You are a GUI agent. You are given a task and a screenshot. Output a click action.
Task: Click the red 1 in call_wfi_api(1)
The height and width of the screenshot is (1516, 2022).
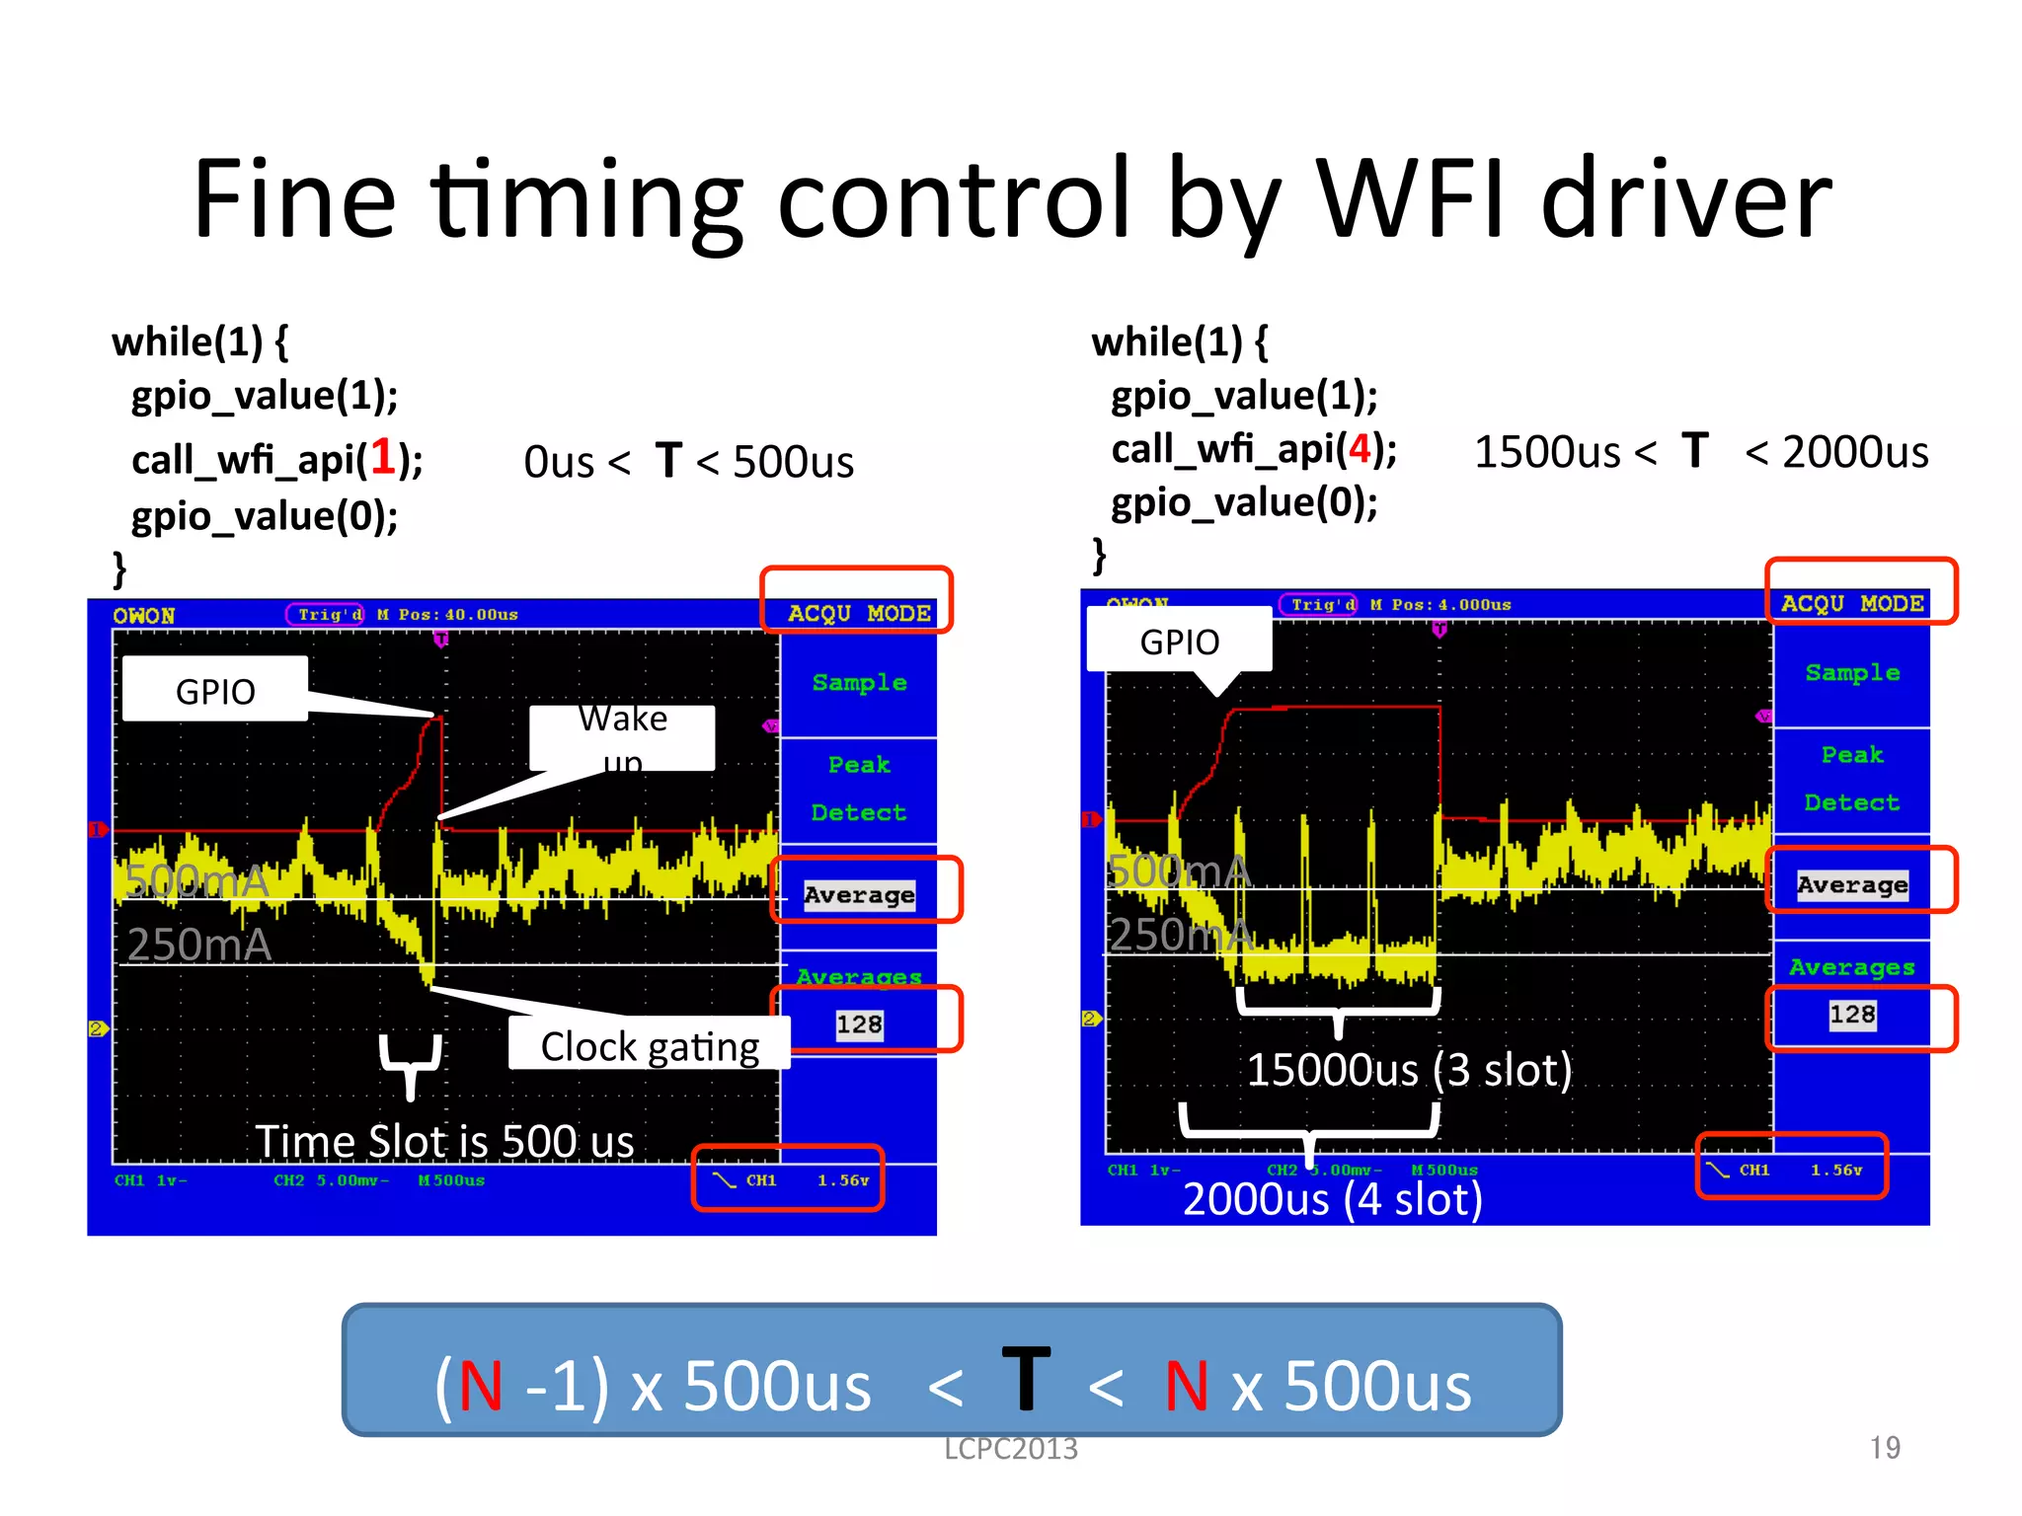pos(382,458)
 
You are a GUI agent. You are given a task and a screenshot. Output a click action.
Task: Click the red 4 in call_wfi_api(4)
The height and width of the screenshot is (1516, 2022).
pos(1360,449)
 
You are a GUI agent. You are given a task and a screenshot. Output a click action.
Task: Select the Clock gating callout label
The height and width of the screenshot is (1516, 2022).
pos(650,1046)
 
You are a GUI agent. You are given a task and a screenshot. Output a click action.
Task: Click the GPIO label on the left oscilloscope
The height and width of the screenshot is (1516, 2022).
pos(215,691)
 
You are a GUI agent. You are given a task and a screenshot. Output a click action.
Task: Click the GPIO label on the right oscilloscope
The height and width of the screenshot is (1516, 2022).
pos(1179,643)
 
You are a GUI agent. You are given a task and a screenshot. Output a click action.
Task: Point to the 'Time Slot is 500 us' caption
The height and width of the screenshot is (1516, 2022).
pos(444,1141)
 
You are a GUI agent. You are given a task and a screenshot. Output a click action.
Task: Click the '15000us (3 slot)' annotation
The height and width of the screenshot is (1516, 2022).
pos(1409,1070)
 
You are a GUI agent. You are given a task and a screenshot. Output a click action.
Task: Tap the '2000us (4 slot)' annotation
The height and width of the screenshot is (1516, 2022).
pos(1332,1199)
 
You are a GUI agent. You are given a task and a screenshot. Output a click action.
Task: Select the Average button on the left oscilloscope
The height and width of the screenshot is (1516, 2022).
pos(859,894)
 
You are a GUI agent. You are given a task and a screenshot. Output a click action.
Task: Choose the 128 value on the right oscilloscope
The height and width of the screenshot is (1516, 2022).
pos(1851,1015)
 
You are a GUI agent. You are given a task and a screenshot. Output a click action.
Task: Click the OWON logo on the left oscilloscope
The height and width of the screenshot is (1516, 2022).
pos(144,616)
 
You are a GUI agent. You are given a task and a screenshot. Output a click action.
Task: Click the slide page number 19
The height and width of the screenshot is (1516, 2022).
pos(1884,1448)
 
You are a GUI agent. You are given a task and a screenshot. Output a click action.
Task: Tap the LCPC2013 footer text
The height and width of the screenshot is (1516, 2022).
pos(1010,1449)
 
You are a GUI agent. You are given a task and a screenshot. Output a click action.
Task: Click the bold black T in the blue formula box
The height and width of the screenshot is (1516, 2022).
pos(1026,1379)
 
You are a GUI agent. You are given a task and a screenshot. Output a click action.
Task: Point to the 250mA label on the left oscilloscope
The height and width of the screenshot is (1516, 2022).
pos(199,945)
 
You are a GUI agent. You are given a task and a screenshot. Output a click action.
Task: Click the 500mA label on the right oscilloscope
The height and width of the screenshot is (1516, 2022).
pos(1178,872)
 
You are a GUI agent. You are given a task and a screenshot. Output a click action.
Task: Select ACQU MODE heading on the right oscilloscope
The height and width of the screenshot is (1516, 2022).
pos(1851,603)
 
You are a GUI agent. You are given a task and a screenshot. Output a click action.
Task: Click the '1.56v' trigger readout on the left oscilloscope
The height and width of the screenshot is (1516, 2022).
pos(842,1180)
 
